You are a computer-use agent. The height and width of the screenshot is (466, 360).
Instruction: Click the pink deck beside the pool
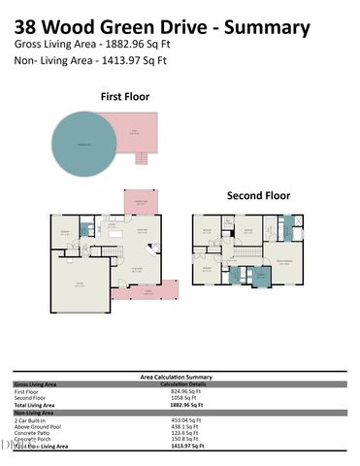[x=141, y=130]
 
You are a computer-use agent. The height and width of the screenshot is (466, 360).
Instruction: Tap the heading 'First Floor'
[x=126, y=96]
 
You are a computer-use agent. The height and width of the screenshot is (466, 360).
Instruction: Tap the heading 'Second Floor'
[x=258, y=195]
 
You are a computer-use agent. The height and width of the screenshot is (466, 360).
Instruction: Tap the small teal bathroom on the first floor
[x=85, y=230]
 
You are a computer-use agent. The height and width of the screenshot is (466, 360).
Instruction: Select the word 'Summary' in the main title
[x=269, y=28]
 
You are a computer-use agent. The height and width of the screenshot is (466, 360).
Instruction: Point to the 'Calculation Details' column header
[x=183, y=383]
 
